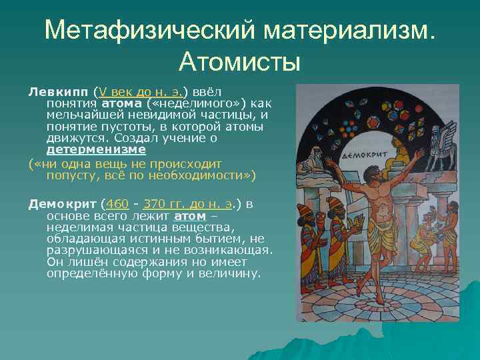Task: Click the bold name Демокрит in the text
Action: (63, 203)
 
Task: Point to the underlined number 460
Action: (117, 203)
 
